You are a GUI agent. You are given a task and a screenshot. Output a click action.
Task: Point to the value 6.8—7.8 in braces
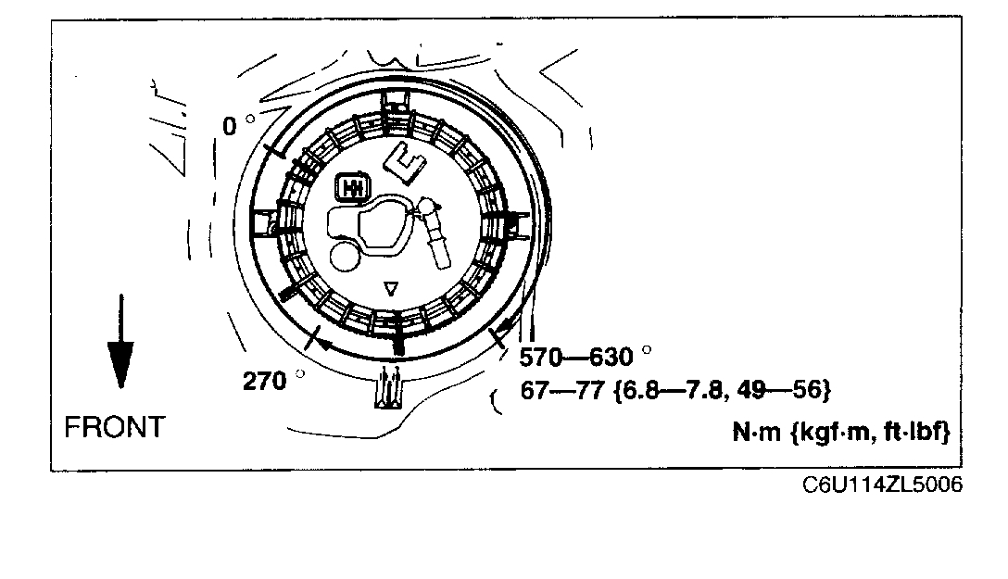[x=666, y=390]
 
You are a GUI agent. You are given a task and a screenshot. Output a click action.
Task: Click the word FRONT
[x=114, y=427]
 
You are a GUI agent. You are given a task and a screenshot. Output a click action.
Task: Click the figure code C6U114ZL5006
[x=883, y=485]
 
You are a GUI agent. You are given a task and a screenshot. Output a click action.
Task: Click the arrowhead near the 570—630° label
[x=506, y=331]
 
